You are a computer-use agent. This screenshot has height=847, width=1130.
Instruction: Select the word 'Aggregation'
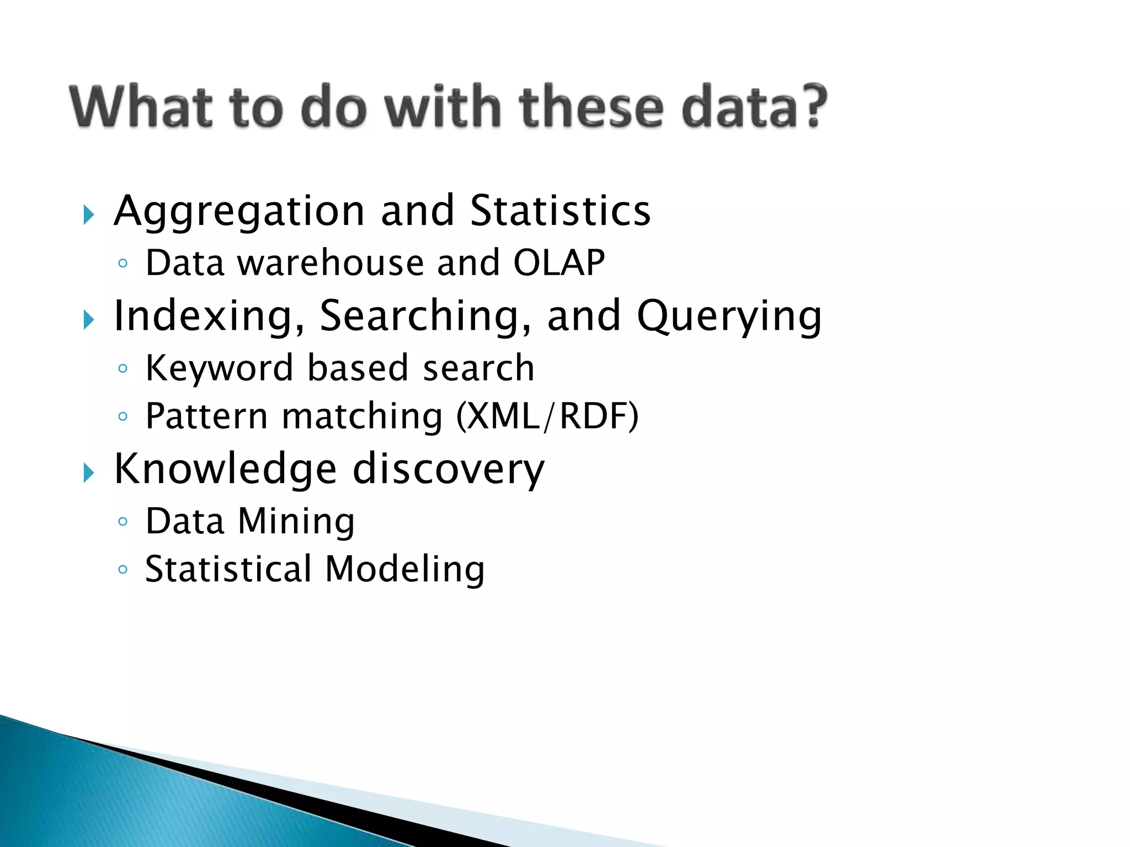(x=239, y=212)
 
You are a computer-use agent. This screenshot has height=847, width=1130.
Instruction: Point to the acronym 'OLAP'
(x=559, y=262)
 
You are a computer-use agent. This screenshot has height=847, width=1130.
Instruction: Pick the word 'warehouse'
(x=331, y=262)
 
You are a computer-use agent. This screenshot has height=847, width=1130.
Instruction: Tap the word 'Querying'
(x=729, y=317)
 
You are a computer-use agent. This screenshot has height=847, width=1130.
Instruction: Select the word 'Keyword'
(x=219, y=368)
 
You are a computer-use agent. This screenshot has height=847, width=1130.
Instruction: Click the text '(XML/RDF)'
(x=547, y=416)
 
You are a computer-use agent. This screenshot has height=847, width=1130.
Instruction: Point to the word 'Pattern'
(x=206, y=416)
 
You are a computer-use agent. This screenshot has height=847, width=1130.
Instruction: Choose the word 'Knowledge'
(x=225, y=469)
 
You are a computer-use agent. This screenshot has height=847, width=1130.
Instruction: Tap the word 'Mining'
(x=296, y=522)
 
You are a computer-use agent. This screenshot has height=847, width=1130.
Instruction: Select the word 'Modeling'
(x=405, y=569)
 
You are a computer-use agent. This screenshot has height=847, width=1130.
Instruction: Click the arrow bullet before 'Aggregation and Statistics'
(x=89, y=215)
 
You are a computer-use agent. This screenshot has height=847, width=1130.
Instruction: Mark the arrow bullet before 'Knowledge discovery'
(x=89, y=473)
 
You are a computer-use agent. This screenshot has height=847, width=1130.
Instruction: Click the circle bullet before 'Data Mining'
(x=123, y=522)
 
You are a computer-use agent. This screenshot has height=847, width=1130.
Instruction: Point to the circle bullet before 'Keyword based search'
(x=123, y=368)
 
